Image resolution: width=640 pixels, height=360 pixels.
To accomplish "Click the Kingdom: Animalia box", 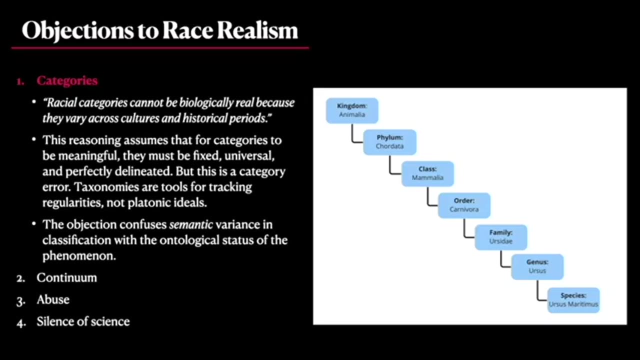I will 352,110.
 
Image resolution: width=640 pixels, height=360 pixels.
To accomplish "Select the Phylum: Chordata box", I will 389,142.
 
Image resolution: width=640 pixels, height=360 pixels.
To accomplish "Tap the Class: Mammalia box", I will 427,173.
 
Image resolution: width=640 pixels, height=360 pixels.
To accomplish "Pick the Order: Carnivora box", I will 464,205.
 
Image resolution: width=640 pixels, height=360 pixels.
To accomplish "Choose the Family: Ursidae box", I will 500,237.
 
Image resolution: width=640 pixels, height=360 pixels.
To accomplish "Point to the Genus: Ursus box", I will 537,266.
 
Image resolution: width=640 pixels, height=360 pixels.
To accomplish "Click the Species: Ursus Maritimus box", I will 573,300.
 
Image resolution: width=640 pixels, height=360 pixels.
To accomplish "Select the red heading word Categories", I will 67,80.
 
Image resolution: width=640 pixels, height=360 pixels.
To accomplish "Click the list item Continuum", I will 66,277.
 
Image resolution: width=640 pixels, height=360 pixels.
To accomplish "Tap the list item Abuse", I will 53,299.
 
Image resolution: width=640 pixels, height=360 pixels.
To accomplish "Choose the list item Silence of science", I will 83,321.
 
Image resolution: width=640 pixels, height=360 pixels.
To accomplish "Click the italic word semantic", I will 191,224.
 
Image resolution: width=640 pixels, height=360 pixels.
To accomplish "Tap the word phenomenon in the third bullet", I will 79,255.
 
